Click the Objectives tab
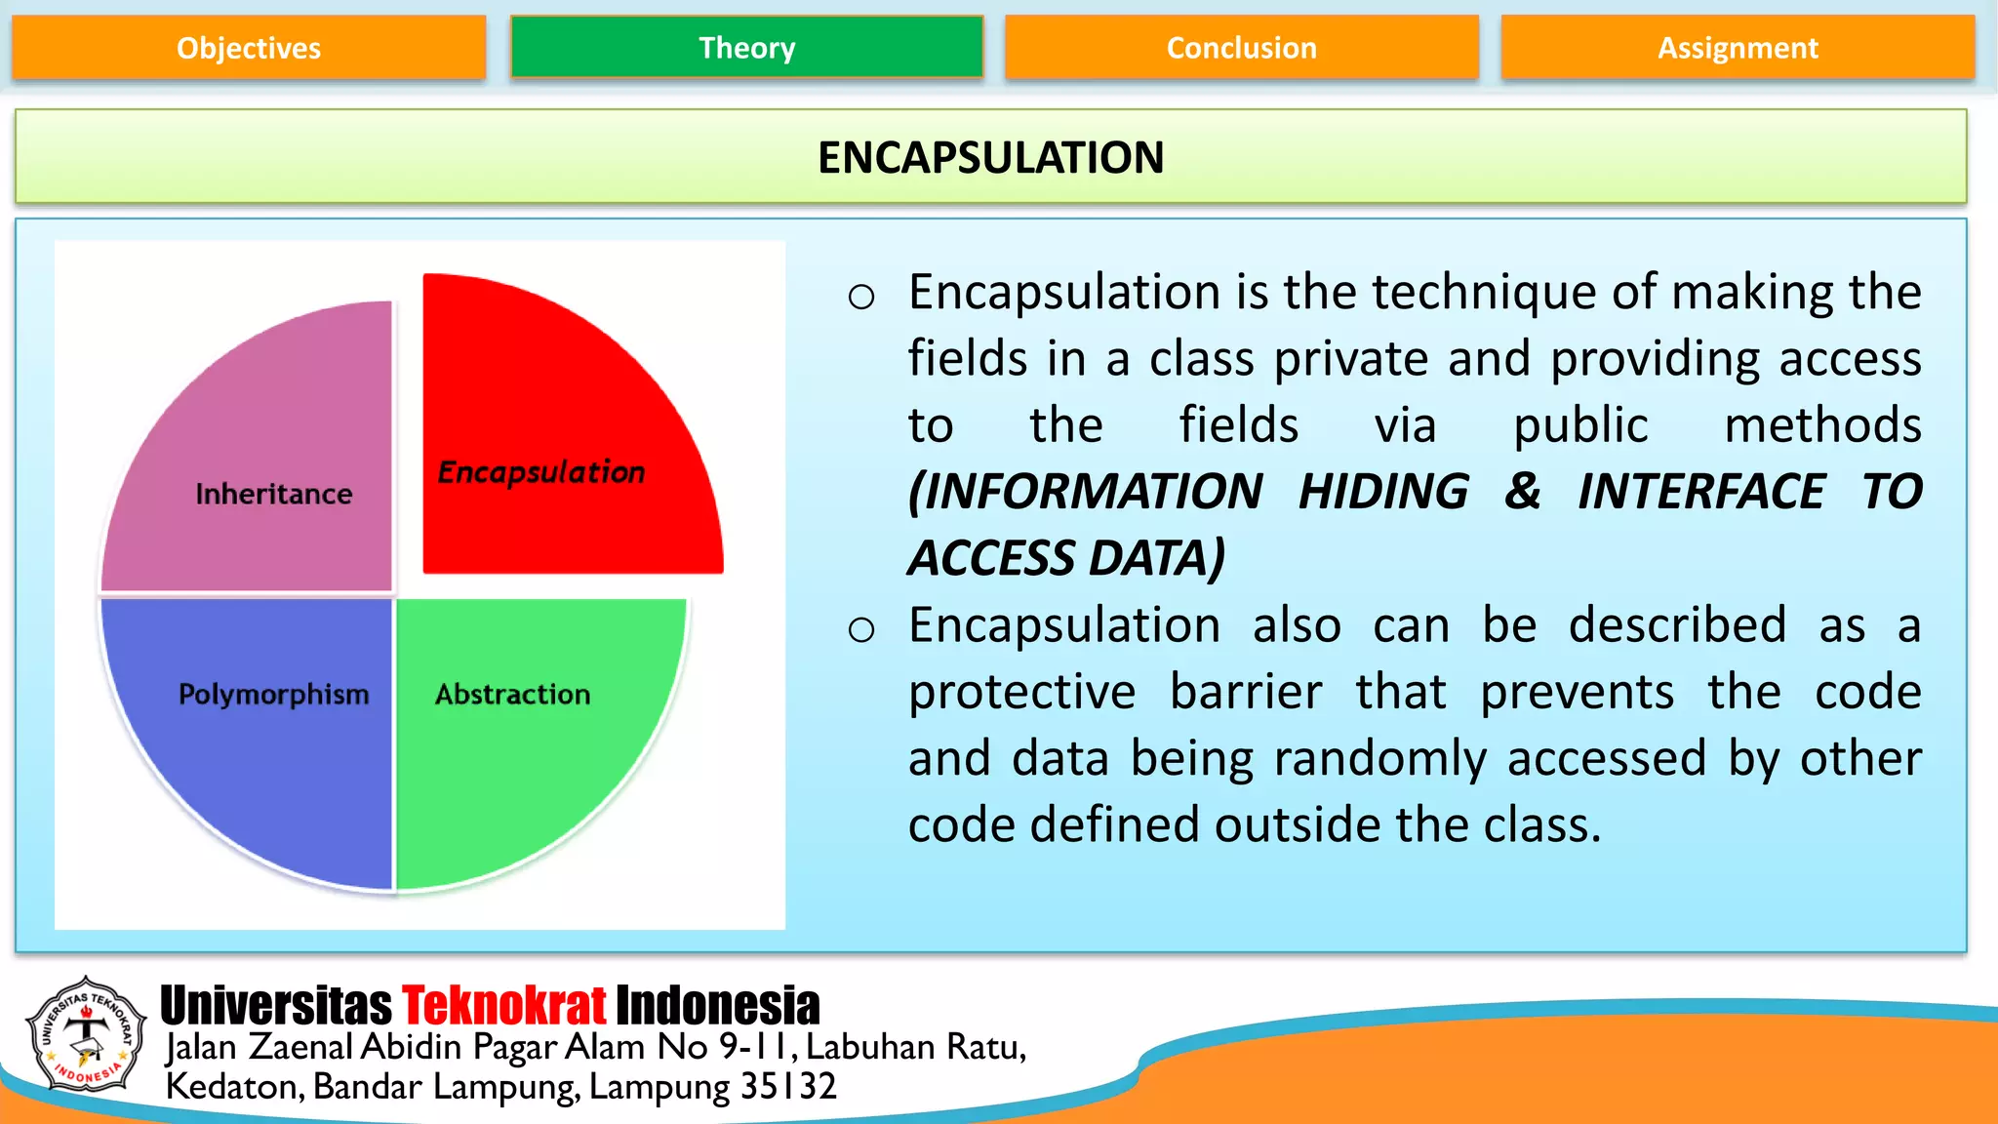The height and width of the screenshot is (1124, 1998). pos(249,48)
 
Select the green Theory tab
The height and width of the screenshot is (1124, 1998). pos(746,48)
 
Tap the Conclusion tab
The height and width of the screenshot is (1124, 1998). pos(1241,48)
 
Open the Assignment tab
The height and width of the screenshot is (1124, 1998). pos(1738,48)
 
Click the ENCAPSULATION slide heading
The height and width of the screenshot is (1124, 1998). pos(990,158)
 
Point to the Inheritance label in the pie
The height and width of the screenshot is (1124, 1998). pos(273,494)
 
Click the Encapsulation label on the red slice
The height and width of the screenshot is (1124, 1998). pos(541,472)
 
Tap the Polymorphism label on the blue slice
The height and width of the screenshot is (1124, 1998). pos(273,695)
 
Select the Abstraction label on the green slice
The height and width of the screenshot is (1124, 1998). pos(512,695)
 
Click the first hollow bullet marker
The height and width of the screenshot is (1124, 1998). pos(860,297)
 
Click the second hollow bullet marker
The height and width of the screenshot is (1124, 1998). pos(860,630)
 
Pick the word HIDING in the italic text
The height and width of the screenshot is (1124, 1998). pos(1383,492)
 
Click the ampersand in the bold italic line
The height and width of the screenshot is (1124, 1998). pos(1523,492)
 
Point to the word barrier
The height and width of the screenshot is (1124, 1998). pos(1246,693)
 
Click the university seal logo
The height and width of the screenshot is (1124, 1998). pos(86,1034)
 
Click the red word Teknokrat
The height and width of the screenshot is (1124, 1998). pos(503,1006)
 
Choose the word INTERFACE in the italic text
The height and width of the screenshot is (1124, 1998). pos(1701,492)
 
